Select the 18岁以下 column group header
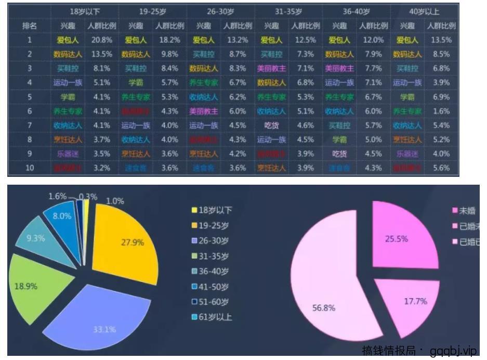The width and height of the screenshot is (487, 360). tap(85, 11)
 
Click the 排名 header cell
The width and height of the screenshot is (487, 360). tap(29, 25)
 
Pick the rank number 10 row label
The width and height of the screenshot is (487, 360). tap(29, 168)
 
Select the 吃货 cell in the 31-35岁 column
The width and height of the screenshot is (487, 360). tap(271, 125)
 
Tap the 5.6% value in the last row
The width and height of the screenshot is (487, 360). tap(441, 168)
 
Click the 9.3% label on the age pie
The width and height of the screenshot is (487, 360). tap(35, 238)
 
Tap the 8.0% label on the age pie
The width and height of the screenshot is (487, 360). tap(62, 216)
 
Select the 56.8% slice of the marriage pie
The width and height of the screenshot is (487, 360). tap(333, 297)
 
